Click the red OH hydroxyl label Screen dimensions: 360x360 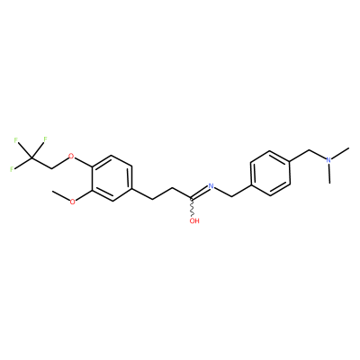pyautogui.click(x=194, y=221)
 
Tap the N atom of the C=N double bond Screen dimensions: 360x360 pyautogui.click(x=211, y=186)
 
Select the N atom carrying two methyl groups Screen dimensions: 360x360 pyautogui.click(x=329, y=160)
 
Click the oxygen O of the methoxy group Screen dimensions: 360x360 pyautogui.click(x=72, y=202)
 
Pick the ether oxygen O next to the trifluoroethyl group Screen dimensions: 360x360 pyautogui.click(x=71, y=156)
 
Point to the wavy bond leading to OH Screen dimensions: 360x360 pyautogui.click(x=192, y=207)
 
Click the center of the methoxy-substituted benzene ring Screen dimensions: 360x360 pyautogui.click(x=112, y=178)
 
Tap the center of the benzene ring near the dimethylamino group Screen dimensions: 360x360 pyautogui.click(x=270, y=173)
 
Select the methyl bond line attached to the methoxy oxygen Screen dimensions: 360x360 pyautogui.click(x=60, y=195)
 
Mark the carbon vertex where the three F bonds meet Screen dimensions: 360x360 pyautogui.click(x=31, y=157)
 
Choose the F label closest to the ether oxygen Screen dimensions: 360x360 pyautogui.click(x=46, y=139)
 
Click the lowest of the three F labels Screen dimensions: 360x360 pyautogui.click(x=12, y=169)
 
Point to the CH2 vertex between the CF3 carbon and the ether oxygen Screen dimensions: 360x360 pyautogui.click(x=51, y=168)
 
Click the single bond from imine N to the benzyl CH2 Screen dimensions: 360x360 pyautogui.click(x=223, y=192)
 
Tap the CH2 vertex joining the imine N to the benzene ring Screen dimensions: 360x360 pyautogui.click(x=231, y=196)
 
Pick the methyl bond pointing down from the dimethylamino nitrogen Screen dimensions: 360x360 pyautogui.click(x=329, y=174)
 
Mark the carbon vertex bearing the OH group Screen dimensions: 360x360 pyautogui.click(x=191, y=198)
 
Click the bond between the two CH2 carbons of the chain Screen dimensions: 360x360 pyautogui.click(x=162, y=193)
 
